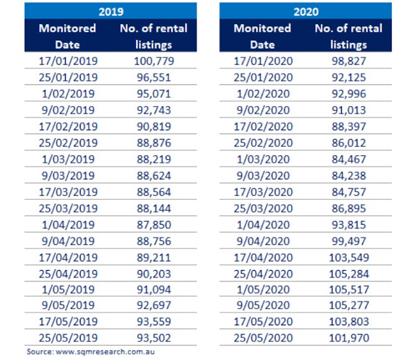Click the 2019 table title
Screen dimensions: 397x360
coord(111,12)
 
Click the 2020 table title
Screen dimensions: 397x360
coord(306,12)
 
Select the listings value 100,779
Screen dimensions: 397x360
coord(154,61)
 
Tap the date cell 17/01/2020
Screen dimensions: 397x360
coord(263,61)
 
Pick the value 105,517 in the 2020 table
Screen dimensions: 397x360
coord(349,290)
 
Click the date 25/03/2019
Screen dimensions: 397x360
coord(68,209)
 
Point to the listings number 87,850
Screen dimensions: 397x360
coord(154,225)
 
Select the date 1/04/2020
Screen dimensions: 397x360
coord(263,225)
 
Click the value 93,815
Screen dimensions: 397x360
coord(349,225)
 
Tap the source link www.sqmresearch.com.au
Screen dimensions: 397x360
coord(105,352)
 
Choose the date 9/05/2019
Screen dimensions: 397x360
coord(68,305)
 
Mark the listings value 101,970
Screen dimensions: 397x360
coord(349,338)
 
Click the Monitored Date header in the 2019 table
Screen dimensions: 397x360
coord(68,37)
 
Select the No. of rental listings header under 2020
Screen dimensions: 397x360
coord(349,37)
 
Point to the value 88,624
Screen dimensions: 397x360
coord(154,176)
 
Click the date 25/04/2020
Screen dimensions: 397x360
coord(263,274)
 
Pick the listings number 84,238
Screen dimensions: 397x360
coord(349,176)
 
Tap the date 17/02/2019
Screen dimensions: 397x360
coord(68,127)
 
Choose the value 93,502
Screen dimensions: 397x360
coord(154,338)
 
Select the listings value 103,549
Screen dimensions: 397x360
coord(349,258)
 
